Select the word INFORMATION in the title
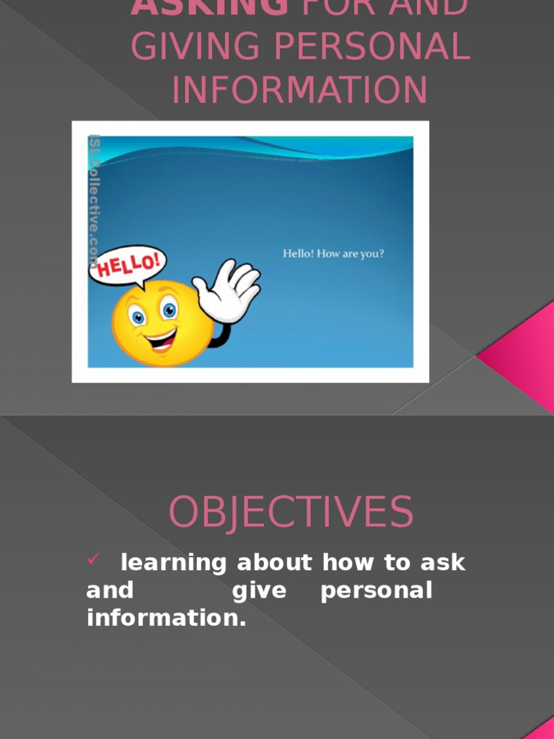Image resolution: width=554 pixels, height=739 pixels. point(299,89)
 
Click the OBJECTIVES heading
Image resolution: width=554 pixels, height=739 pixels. point(291,512)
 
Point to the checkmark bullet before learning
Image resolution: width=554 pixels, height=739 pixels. point(93,558)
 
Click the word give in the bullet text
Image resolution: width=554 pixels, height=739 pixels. point(260,590)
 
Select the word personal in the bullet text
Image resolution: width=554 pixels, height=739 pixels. point(376,591)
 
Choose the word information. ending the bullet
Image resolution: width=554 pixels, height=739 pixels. point(167,618)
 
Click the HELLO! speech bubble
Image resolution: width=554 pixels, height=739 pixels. point(128,265)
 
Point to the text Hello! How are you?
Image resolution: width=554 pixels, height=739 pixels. point(333,254)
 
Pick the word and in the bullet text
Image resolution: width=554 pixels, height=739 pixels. point(110,590)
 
